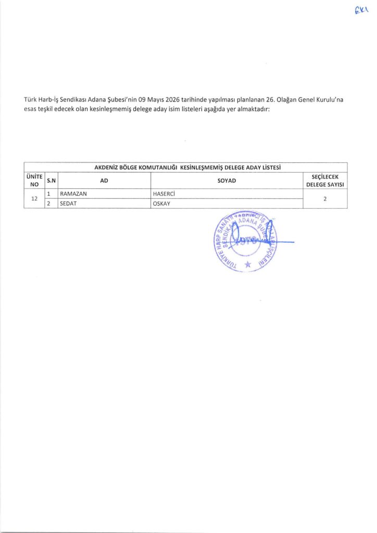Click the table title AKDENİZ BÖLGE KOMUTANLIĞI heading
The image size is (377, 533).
click(x=187, y=167)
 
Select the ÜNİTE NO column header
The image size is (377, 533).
click(x=34, y=180)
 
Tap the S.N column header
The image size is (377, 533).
click(x=51, y=180)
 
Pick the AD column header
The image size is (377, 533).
click(x=104, y=180)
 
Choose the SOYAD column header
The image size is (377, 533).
click(x=227, y=180)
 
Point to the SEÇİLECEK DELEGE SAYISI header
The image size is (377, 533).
click(x=325, y=180)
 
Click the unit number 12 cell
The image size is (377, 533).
click(x=34, y=198)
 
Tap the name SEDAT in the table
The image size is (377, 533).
click(x=69, y=204)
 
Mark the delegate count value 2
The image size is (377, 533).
click(x=325, y=198)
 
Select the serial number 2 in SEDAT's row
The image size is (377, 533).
click(x=48, y=204)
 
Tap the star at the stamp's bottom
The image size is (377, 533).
click(x=247, y=265)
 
